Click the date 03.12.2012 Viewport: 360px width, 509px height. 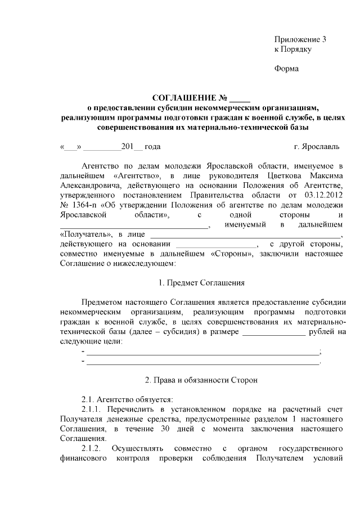(x=321, y=195)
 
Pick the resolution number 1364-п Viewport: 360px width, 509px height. (x=85, y=205)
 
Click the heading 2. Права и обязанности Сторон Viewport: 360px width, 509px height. (x=201, y=380)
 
